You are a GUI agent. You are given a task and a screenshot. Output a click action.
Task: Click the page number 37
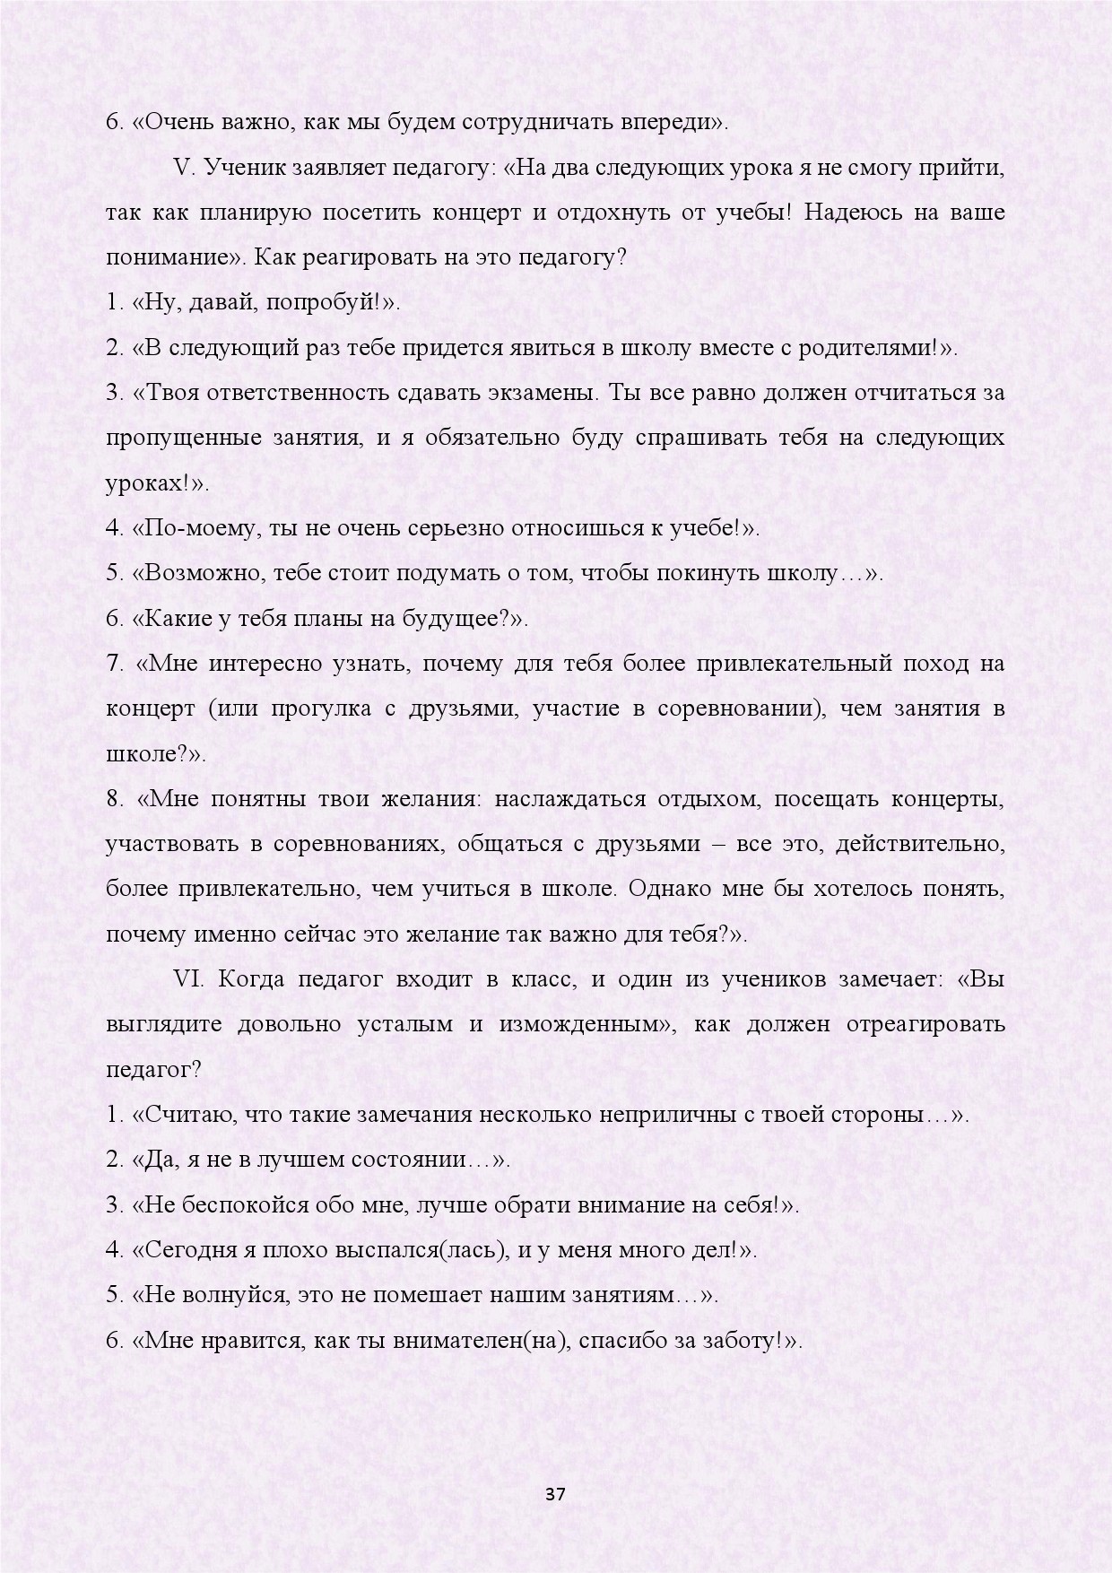point(556,1494)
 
